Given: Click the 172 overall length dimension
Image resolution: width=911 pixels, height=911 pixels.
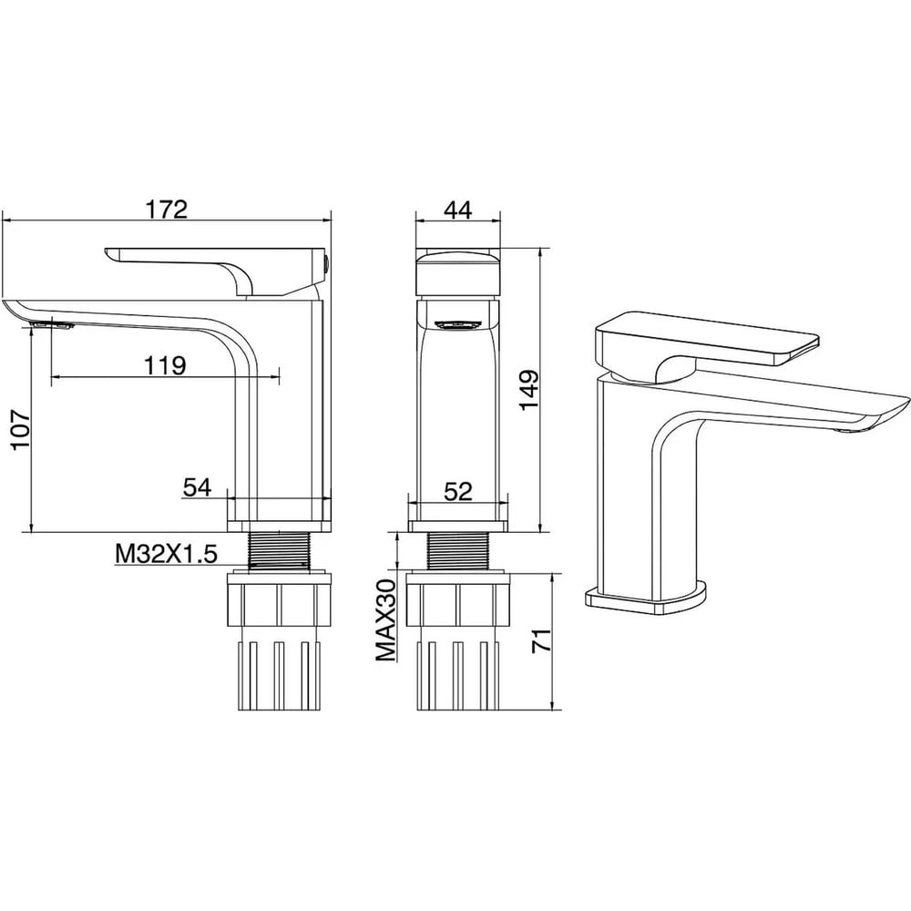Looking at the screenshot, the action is pos(166,210).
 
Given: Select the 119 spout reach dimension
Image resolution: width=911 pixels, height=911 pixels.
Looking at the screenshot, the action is pos(165,365).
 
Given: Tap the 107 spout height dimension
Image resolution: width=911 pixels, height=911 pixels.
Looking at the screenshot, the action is pos(21,431).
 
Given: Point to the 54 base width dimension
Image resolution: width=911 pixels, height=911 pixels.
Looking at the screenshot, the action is pos(198,487).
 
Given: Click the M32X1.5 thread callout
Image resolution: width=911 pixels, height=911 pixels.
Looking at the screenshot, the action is pos(166,554).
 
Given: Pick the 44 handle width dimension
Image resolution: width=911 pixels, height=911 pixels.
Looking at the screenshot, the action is pos(458,210).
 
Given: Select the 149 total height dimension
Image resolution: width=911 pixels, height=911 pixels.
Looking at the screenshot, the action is pos(529,389).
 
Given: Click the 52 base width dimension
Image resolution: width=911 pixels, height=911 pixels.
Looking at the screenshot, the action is pos(458,492).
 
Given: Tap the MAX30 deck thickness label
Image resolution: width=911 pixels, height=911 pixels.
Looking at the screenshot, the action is pos(385,619).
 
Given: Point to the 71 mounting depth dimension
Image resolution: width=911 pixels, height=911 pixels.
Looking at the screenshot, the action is pos(542,640).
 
